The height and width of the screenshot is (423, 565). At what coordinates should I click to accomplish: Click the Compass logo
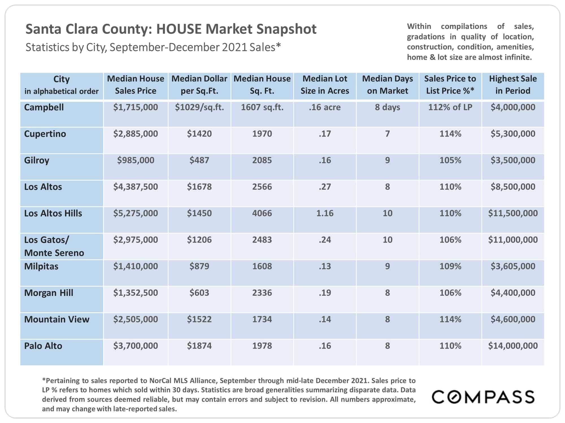(x=483, y=397)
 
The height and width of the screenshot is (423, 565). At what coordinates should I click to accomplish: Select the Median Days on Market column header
(x=388, y=85)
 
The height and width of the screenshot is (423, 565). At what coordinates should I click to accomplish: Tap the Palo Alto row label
(x=43, y=346)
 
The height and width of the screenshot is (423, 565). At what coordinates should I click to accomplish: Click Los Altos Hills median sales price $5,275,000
(x=136, y=213)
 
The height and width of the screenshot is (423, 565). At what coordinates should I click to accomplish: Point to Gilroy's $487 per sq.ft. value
(x=199, y=160)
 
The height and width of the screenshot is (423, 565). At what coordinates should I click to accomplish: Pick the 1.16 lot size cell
(x=325, y=213)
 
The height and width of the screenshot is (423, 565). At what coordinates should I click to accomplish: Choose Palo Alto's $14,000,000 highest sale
(x=513, y=346)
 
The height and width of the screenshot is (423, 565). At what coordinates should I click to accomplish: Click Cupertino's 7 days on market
(x=388, y=134)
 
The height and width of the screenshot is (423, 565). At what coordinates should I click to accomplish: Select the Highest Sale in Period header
(x=513, y=85)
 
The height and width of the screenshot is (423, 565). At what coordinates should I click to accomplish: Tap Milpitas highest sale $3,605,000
(x=513, y=266)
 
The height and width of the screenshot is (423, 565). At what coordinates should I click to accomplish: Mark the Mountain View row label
(x=57, y=319)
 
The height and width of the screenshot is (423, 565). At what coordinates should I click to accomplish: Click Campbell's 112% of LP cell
(x=450, y=107)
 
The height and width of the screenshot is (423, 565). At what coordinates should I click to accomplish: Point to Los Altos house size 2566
(x=262, y=187)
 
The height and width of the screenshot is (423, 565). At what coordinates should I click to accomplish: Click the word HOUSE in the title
(x=179, y=29)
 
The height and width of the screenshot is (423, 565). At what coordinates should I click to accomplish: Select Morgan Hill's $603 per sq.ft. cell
(x=199, y=293)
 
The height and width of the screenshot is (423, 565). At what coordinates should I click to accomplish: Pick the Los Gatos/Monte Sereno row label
(x=54, y=246)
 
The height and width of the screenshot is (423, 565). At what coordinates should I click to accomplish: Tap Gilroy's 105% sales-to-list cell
(x=450, y=160)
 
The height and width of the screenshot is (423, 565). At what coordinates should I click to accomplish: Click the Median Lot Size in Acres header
(x=325, y=85)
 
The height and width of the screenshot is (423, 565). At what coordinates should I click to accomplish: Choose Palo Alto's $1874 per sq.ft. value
(x=199, y=346)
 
